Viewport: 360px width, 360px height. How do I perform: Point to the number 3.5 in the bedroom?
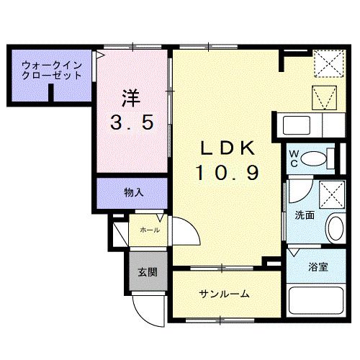[132, 123]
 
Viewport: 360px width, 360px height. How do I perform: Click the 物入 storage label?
[132, 192]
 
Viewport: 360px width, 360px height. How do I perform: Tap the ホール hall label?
[150, 230]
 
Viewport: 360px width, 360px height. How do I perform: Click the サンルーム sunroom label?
[224, 294]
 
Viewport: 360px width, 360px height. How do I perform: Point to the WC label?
[294, 158]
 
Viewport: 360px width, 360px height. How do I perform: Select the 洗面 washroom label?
[304, 215]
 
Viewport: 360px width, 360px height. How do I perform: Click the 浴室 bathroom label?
[319, 267]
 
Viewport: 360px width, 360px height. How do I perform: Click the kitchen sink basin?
[297, 125]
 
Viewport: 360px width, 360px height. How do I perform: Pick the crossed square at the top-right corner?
[328, 63]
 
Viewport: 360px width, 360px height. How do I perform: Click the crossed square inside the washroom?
[333, 194]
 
